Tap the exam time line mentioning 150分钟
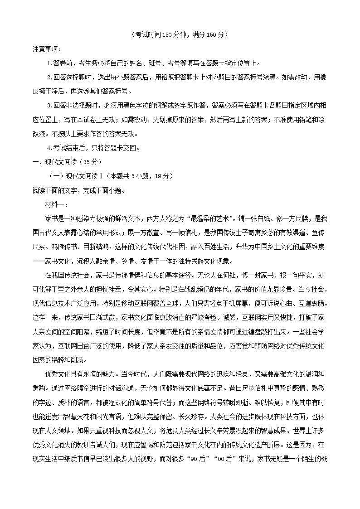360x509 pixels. [x=178, y=34]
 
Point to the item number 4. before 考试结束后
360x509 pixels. [x=50, y=148]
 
